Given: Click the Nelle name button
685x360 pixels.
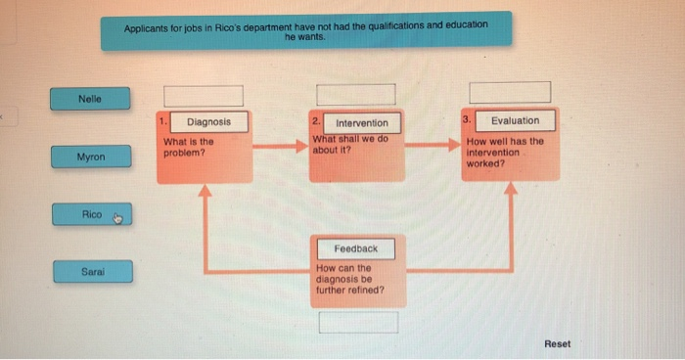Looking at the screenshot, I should click(90, 98).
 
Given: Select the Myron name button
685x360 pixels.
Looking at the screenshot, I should click(90, 157).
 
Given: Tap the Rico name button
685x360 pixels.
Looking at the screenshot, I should click(92, 214).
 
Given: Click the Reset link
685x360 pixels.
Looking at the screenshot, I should click(557, 343).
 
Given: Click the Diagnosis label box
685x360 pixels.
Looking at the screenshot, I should click(209, 121).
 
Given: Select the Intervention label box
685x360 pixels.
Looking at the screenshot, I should click(361, 122).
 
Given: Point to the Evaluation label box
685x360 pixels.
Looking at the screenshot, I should click(515, 120).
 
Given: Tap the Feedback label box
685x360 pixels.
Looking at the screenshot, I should click(354, 248).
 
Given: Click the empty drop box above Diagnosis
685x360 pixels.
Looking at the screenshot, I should click(203, 95).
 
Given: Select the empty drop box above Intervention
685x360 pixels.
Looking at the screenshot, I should click(354, 95).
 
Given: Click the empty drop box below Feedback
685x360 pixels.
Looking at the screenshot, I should click(358, 322).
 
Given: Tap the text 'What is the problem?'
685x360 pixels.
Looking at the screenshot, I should click(188, 147).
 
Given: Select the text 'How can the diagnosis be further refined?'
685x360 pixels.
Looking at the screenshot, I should click(349, 279).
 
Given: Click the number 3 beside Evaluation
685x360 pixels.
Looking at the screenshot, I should click(468, 120).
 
